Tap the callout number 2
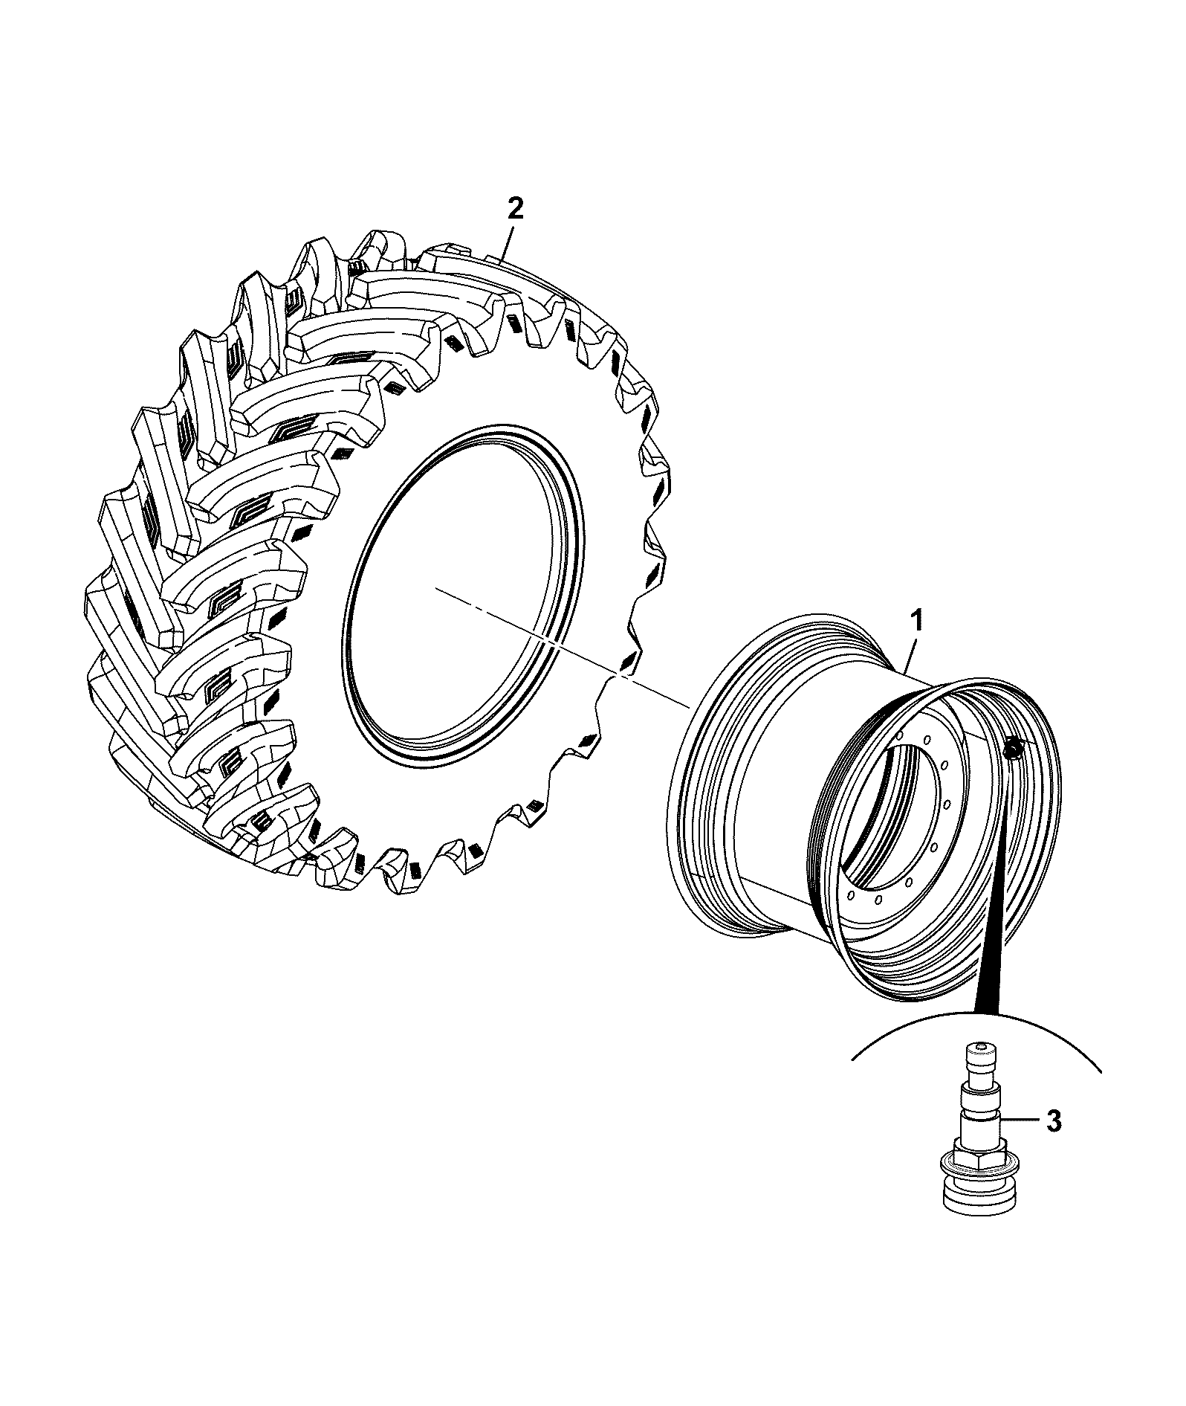coord(515,208)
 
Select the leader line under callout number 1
coord(910,654)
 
